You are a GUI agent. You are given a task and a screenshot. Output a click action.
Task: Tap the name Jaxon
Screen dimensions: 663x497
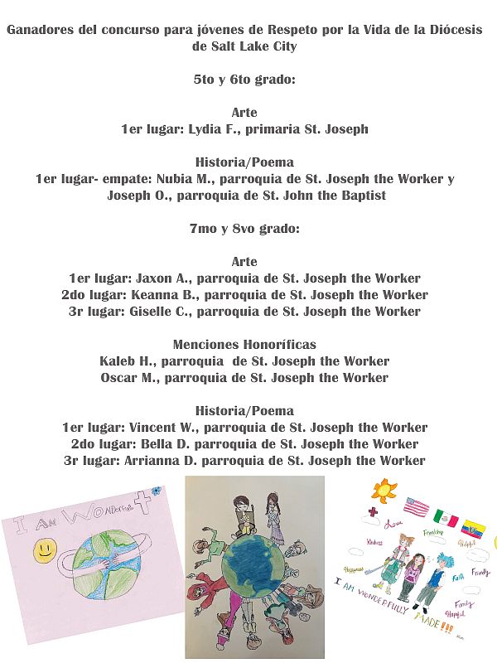(x=154, y=278)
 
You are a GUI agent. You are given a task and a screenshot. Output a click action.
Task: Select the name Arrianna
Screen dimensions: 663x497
(x=155, y=461)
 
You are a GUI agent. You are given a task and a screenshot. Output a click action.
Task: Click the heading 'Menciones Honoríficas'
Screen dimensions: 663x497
(x=244, y=345)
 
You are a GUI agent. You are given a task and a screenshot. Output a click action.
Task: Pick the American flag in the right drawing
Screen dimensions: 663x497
(x=417, y=506)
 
